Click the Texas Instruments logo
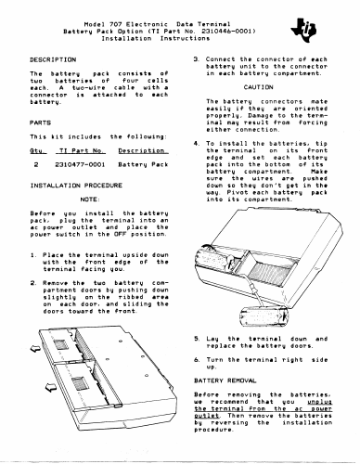click(x=303, y=31)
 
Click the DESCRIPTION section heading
click(x=53, y=59)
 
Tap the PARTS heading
click(x=40, y=122)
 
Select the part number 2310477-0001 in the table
click(x=80, y=164)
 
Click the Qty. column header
click(x=38, y=150)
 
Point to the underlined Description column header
click(x=143, y=150)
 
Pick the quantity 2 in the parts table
click(x=36, y=164)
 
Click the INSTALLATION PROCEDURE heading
click(x=76, y=186)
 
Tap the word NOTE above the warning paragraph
click(x=90, y=200)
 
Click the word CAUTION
click(x=258, y=87)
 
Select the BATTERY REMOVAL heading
click(x=225, y=380)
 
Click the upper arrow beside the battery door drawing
click(x=35, y=348)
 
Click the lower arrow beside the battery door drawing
click(x=51, y=386)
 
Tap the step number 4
click(x=197, y=144)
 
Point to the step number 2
click(x=32, y=283)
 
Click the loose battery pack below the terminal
click(x=264, y=316)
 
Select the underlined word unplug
click(x=320, y=402)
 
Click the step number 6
click(x=197, y=360)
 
